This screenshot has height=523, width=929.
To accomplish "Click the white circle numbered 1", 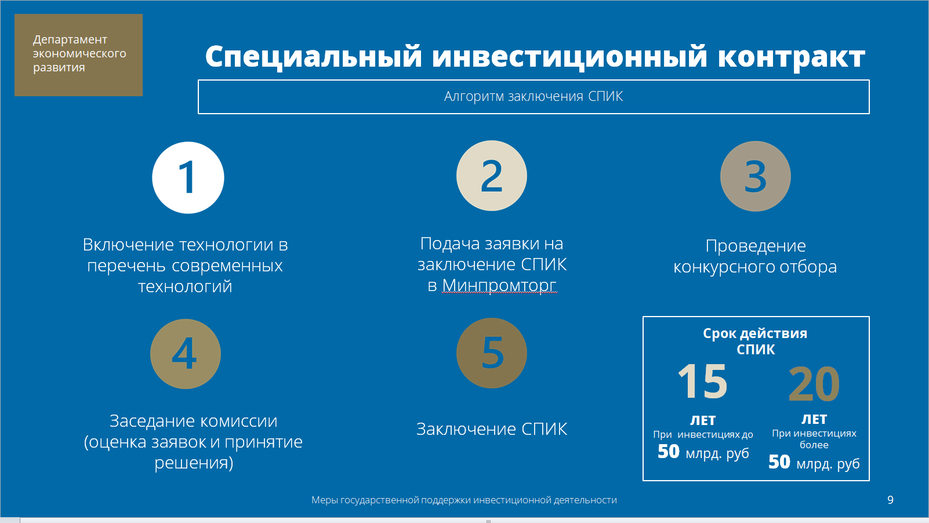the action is coord(188,177).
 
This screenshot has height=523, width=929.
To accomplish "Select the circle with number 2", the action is coord(491,176).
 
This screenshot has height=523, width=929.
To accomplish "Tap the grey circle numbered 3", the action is coord(755,176).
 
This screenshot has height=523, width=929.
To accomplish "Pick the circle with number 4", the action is coord(186,354).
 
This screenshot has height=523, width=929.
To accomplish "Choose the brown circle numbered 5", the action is coord(491,353).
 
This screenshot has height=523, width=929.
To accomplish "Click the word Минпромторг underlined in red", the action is coord(499,285).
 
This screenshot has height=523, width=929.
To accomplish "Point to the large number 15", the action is coord(703,381).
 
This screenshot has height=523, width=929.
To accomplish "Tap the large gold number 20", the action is coord(814,384).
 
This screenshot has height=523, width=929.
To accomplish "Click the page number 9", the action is coord(890,500).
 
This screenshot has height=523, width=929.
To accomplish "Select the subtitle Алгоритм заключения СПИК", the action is coord(534,96).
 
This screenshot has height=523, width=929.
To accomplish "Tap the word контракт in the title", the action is coord(792,57).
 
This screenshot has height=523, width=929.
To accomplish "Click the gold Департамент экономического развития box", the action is coord(78,55).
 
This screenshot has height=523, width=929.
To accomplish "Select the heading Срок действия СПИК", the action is coord(755,342).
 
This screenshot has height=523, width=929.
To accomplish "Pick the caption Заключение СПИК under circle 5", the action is coord(491,429).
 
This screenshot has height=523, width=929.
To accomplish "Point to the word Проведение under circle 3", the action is coord(755,245).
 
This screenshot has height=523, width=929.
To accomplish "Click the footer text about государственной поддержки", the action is coord(464,500).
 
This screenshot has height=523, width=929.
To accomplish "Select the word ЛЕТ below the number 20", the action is coord(814,419).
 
